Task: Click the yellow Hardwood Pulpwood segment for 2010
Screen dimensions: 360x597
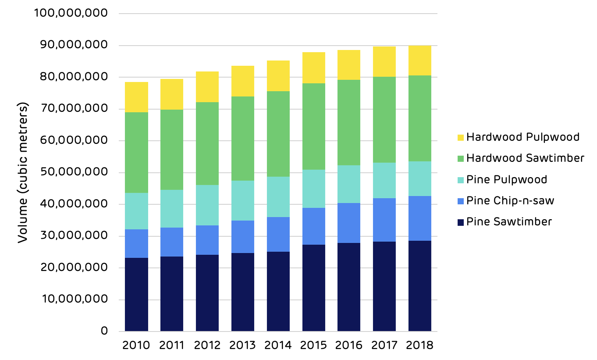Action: coord(136,97)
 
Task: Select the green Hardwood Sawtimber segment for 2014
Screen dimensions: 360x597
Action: coord(278,134)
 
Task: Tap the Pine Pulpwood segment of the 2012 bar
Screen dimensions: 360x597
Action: coord(207,205)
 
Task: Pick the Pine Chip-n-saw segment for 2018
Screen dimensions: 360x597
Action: coord(420,218)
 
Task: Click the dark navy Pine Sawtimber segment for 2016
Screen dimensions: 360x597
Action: coord(349,287)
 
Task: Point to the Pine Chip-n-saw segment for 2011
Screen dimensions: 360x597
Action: coord(172,242)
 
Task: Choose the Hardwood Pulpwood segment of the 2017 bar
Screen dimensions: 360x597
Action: coord(384,61)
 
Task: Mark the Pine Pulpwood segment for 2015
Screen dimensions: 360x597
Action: coord(314,189)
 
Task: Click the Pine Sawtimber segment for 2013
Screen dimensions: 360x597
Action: coord(243,292)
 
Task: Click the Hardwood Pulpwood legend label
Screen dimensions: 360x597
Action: coord(523,137)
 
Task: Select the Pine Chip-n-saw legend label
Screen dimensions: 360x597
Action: coord(510,200)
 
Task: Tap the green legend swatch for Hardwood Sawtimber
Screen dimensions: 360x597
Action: coord(460,158)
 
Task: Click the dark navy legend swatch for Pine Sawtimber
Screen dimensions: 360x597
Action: coord(460,222)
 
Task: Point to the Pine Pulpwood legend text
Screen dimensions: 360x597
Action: coord(507,179)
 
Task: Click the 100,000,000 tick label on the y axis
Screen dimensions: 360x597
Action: coord(71,13)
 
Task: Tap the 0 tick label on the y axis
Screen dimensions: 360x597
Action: coord(104,331)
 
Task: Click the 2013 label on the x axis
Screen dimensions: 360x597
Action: coord(243,345)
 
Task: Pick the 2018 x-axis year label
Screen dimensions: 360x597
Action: coord(420,345)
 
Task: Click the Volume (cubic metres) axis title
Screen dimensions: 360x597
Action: coord(23,172)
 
